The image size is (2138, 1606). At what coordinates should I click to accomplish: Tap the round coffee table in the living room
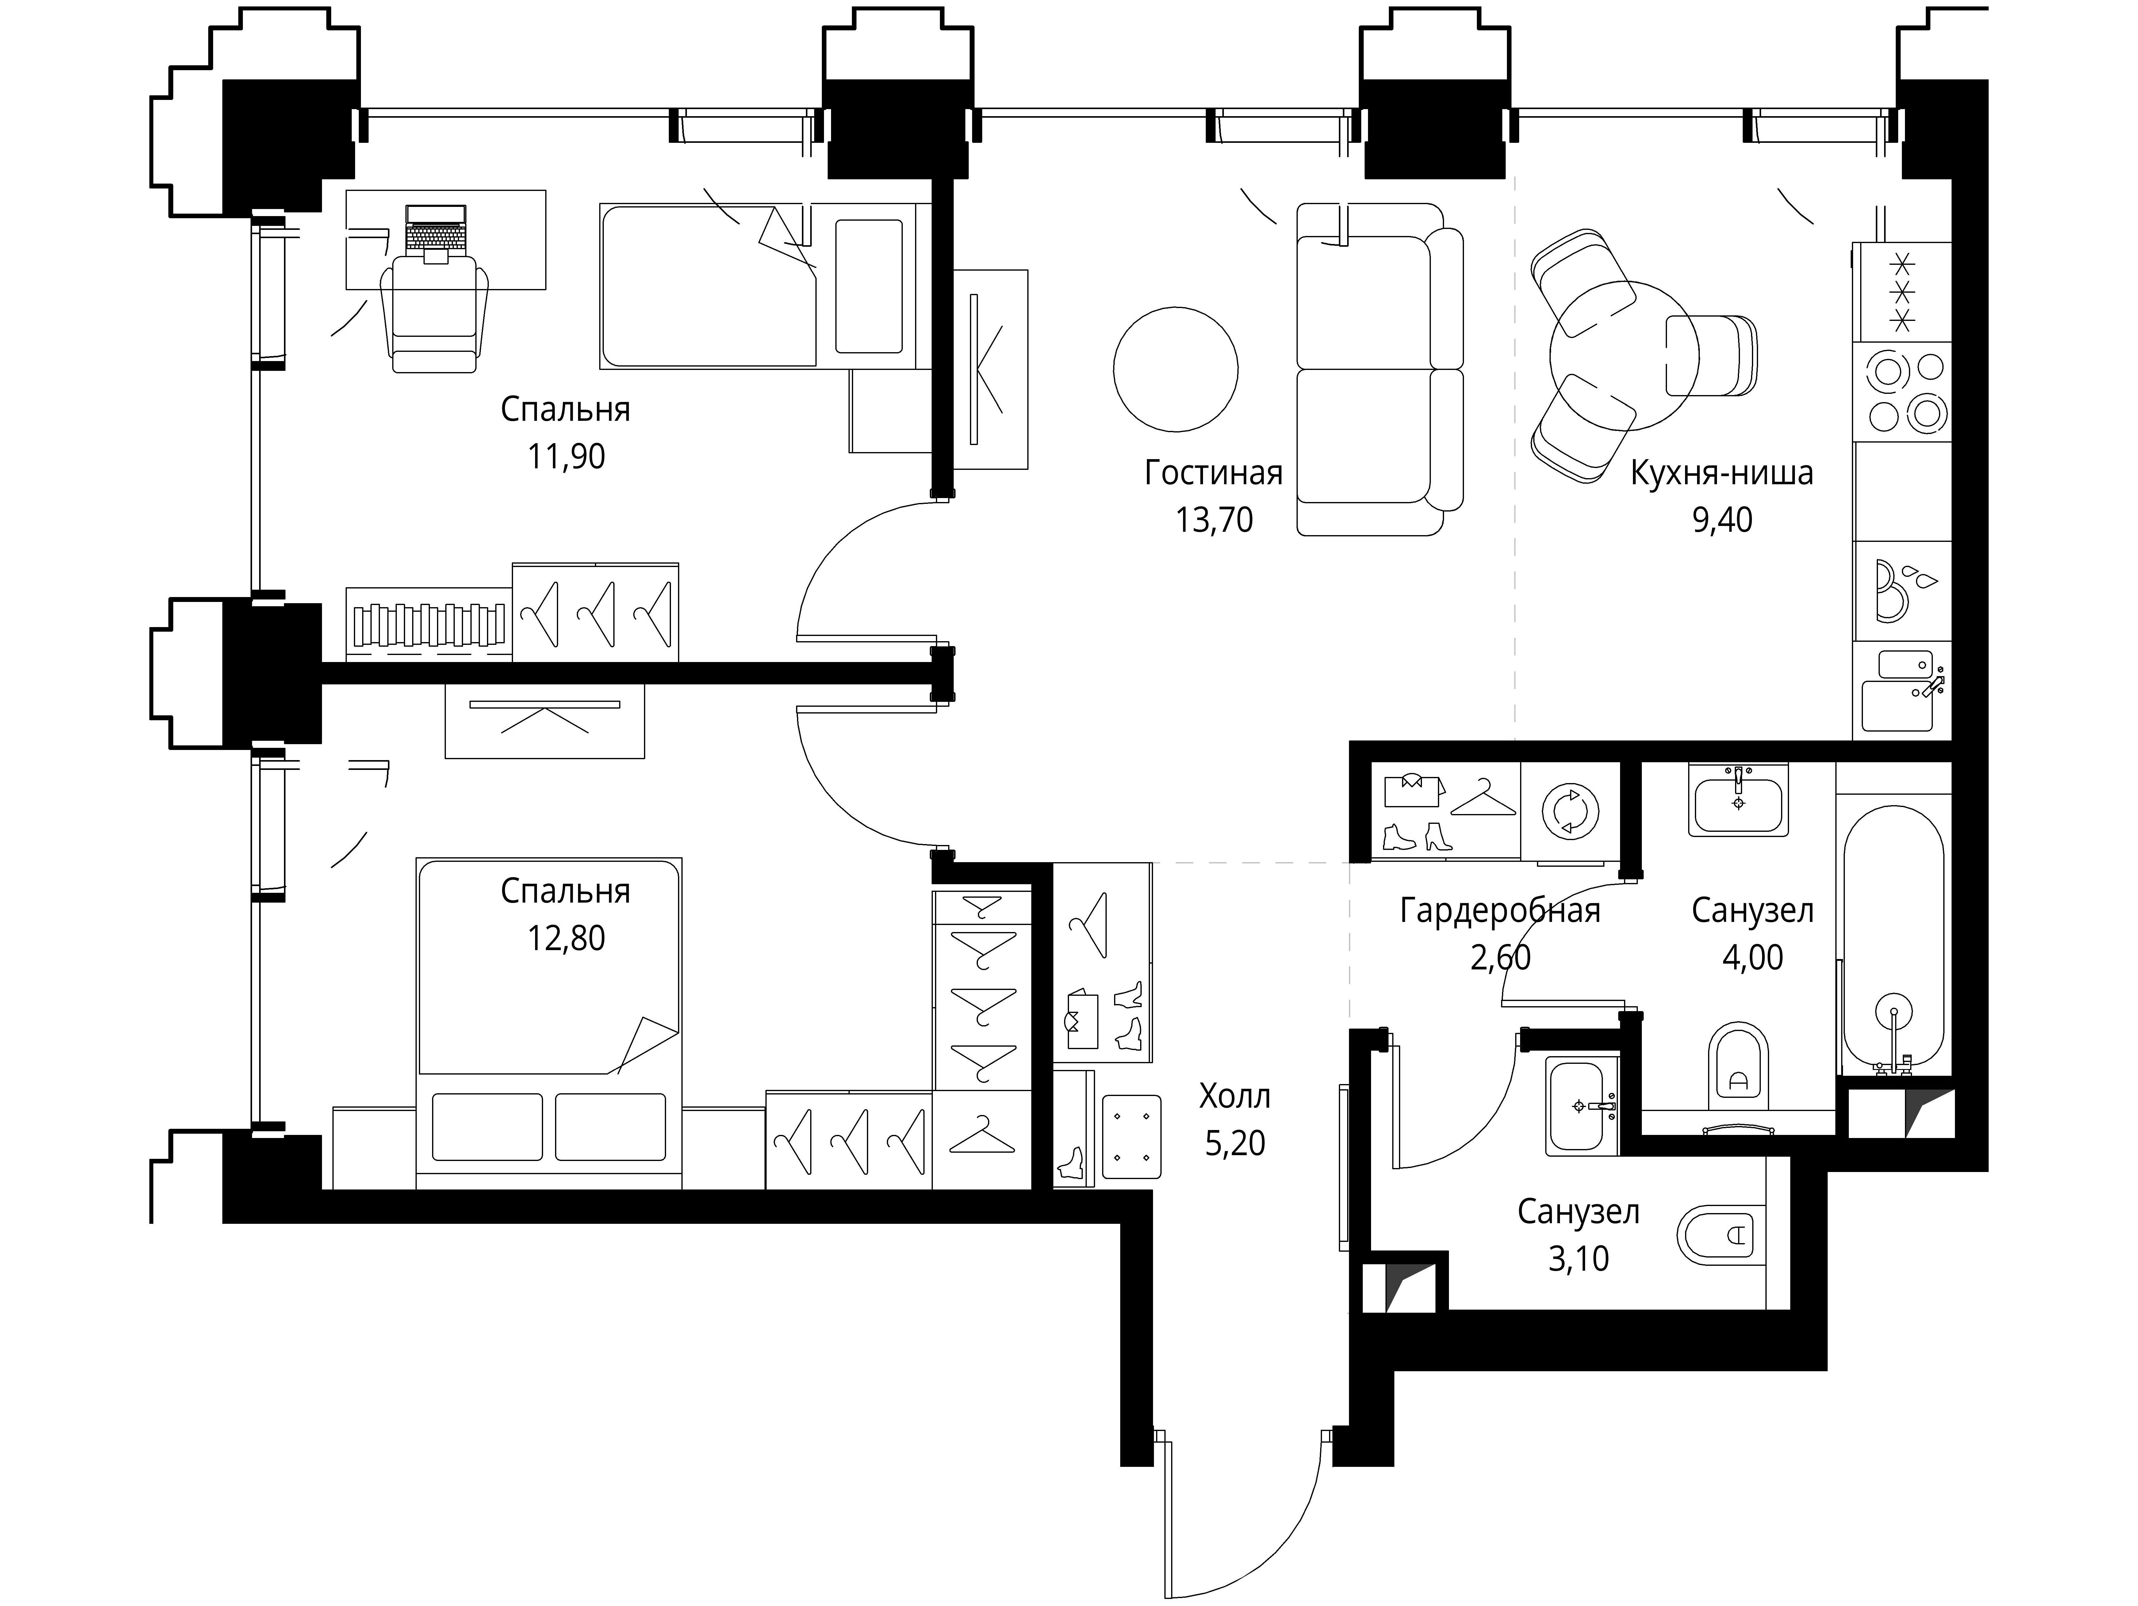(1175, 369)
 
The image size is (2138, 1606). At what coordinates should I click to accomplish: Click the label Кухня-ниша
(1722, 474)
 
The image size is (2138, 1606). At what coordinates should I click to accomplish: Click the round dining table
(1624, 356)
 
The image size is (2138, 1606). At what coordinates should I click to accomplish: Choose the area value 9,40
(1722, 520)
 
